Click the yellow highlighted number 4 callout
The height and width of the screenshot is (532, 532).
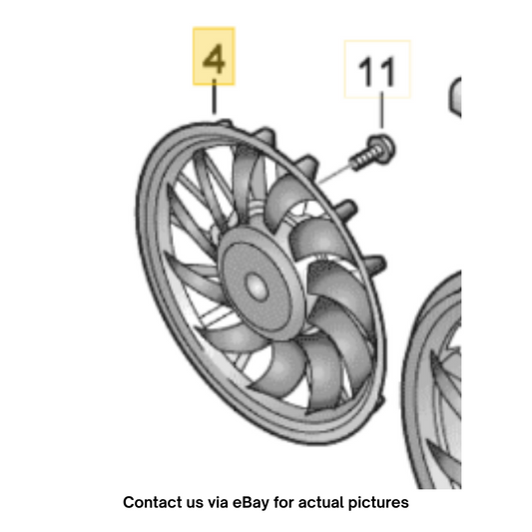point(214,56)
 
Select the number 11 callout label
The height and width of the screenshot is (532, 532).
point(377,70)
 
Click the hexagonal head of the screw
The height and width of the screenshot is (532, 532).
point(381,149)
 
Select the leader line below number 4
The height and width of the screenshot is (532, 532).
point(214,97)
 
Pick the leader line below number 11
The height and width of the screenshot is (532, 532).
point(382,110)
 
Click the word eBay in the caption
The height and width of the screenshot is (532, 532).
point(251,503)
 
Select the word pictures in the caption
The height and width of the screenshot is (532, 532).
point(378,503)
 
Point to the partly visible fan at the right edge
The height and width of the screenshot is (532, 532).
point(432,380)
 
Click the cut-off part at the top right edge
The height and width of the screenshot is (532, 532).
point(455,98)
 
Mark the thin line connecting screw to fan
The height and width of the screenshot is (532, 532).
point(334,175)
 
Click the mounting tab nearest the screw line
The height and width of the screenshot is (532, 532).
point(307,166)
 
